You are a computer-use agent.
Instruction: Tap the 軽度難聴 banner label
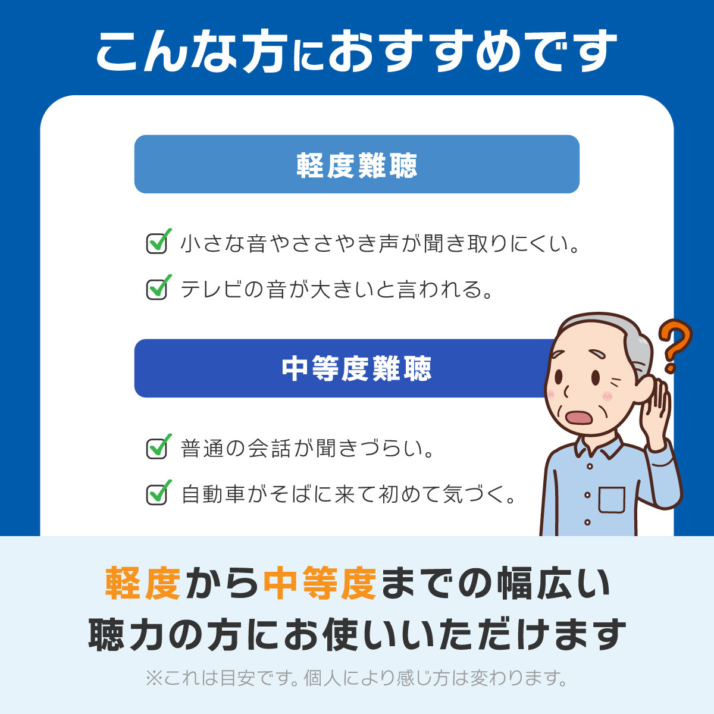coord(357,165)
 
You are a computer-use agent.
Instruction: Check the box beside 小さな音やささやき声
coord(157,243)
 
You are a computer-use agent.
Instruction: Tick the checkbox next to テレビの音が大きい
coord(157,289)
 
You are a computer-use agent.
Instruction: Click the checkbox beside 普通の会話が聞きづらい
coord(157,448)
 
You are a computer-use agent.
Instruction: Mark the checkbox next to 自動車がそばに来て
coord(157,494)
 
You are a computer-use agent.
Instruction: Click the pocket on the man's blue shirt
coord(612,500)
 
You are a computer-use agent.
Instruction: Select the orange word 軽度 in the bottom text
coord(143,583)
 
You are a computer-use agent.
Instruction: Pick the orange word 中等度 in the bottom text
coord(320,583)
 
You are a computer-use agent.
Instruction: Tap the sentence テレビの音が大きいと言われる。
coord(337,290)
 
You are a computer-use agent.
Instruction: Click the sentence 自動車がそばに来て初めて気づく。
coord(349,494)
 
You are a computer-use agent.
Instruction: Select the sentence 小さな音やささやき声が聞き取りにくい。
coord(380,244)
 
